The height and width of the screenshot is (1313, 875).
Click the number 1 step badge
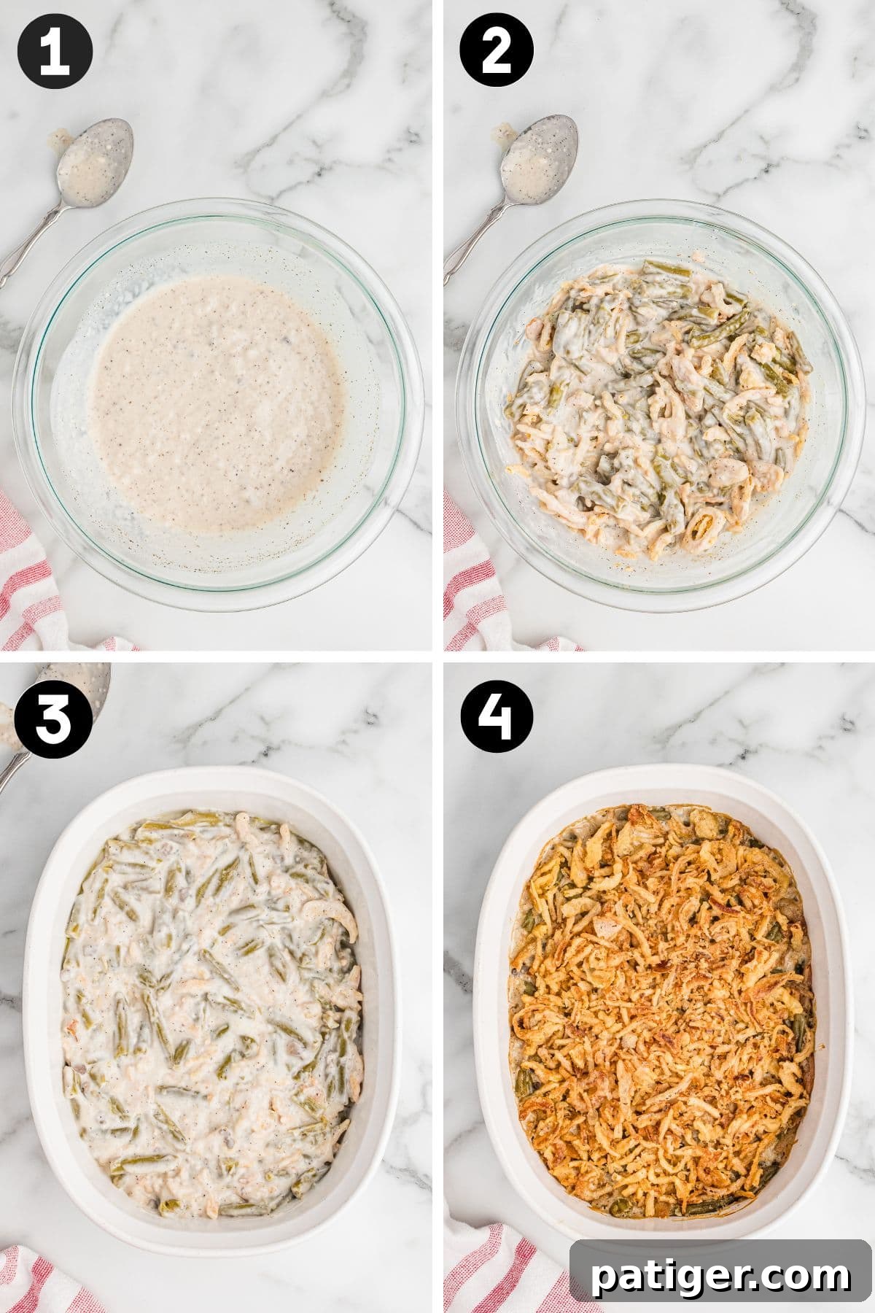pos(55,53)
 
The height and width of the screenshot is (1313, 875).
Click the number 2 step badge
pos(497,53)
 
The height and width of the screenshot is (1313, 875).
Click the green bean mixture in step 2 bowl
pos(656,408)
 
